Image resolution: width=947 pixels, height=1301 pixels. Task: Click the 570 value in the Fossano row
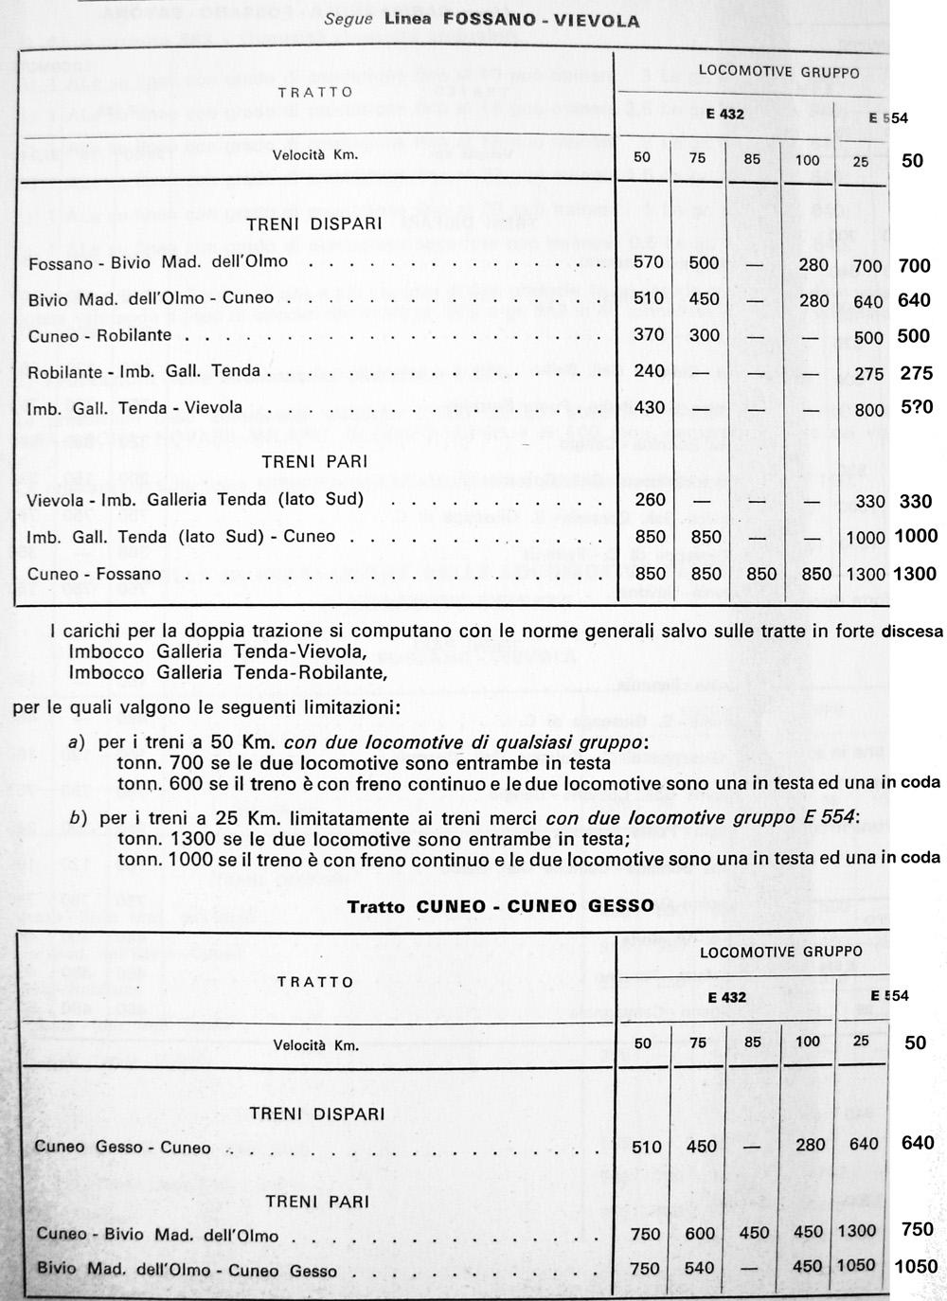tap(648, 263)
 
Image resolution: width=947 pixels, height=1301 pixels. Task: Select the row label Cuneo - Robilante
tap(99, 335)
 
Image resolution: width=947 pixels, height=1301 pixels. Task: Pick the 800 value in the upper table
tap(868, 411)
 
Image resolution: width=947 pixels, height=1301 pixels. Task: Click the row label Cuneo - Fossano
tap(94, 575)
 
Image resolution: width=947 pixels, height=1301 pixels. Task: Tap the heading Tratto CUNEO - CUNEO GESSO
tap(500, 905)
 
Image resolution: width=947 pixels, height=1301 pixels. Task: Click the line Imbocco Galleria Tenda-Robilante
tap(228, 673)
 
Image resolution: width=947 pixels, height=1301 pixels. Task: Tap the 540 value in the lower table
tap(702, 1269)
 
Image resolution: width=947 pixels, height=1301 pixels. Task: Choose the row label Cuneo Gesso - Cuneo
tap(123, 1148)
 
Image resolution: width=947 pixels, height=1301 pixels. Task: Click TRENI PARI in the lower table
tap(317, 1202)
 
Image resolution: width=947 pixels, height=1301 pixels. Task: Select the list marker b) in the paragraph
tap(79, 817)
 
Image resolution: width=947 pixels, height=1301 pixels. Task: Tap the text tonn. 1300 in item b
tap(156, 838)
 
